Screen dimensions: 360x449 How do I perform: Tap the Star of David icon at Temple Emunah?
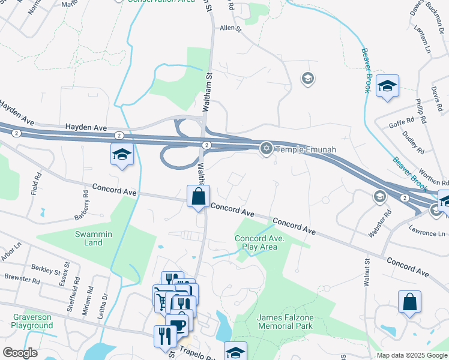point(266,148)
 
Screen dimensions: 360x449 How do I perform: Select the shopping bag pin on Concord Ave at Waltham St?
point(198,197)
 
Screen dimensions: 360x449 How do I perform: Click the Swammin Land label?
point(89,238)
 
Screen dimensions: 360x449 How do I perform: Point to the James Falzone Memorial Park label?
point(285,322)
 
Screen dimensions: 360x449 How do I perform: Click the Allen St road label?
point(230,28)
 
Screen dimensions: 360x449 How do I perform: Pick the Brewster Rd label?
point(22,280)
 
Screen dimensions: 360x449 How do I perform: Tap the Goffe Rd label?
point(402,125)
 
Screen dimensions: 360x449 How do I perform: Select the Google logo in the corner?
point(20,352)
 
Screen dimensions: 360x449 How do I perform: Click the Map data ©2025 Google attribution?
point(411,355)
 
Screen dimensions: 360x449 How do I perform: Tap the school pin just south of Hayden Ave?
point(121,155)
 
